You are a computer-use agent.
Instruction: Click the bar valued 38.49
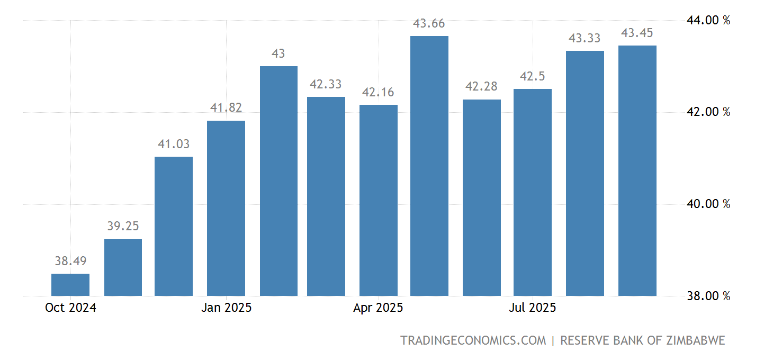[x=70, y=285]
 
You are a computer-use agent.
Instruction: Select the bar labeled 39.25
[x=123, y=267]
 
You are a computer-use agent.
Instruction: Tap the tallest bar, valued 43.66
[x=429, y=166]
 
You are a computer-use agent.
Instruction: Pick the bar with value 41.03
[x=174, y=226]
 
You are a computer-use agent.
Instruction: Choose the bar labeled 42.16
[x=379, y=200]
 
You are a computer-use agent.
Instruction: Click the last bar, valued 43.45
[x=637, y=170]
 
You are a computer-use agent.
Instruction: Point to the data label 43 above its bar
[x=278, y=53]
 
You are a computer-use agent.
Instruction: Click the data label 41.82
[x=226, y=108]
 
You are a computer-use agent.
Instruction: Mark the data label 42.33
[x=326, y=84]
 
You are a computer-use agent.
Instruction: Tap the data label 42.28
[x=482, y=87]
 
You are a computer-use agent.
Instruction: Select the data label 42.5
[x=533, y=77]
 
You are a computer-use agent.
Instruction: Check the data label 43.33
[x=585, y=38]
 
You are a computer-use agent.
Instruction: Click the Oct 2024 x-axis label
[x=70, y=308]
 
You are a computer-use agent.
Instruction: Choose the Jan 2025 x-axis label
[x=226, y=308]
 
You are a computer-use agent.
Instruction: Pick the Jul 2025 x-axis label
[x=533, y=308]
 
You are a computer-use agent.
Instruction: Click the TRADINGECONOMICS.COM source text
[x=473, y=340]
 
